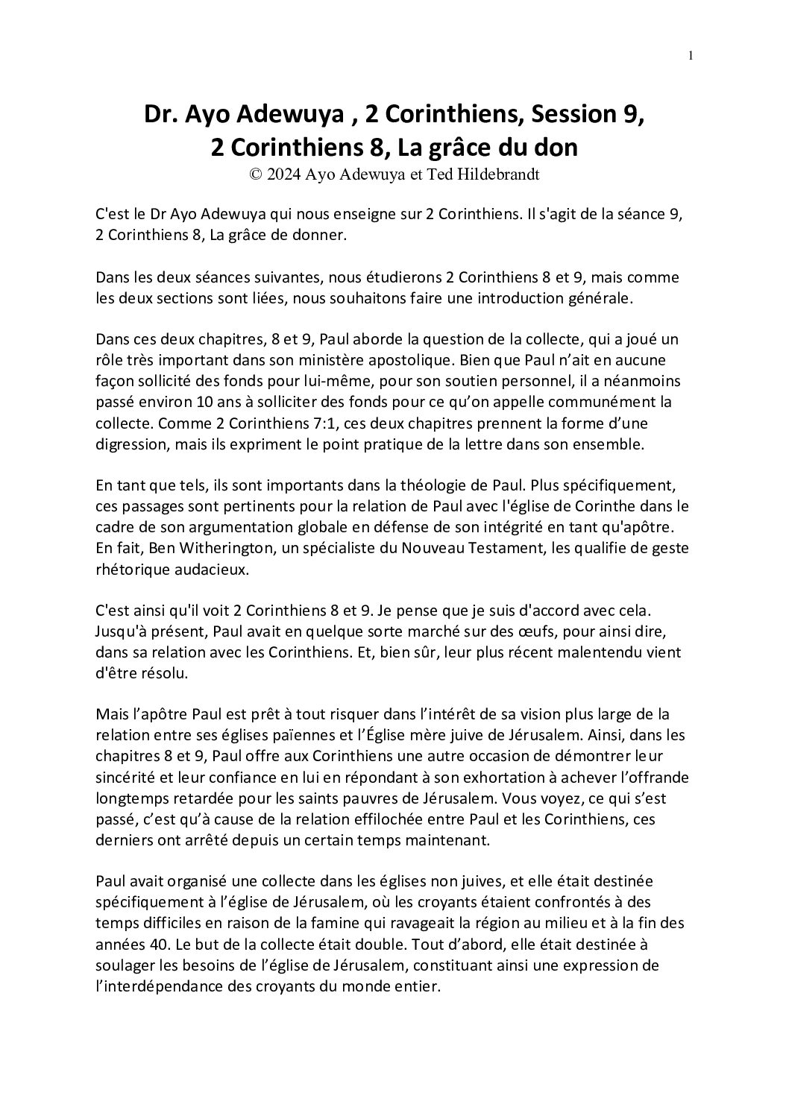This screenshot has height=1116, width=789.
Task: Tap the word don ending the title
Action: (x=556, y=148)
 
